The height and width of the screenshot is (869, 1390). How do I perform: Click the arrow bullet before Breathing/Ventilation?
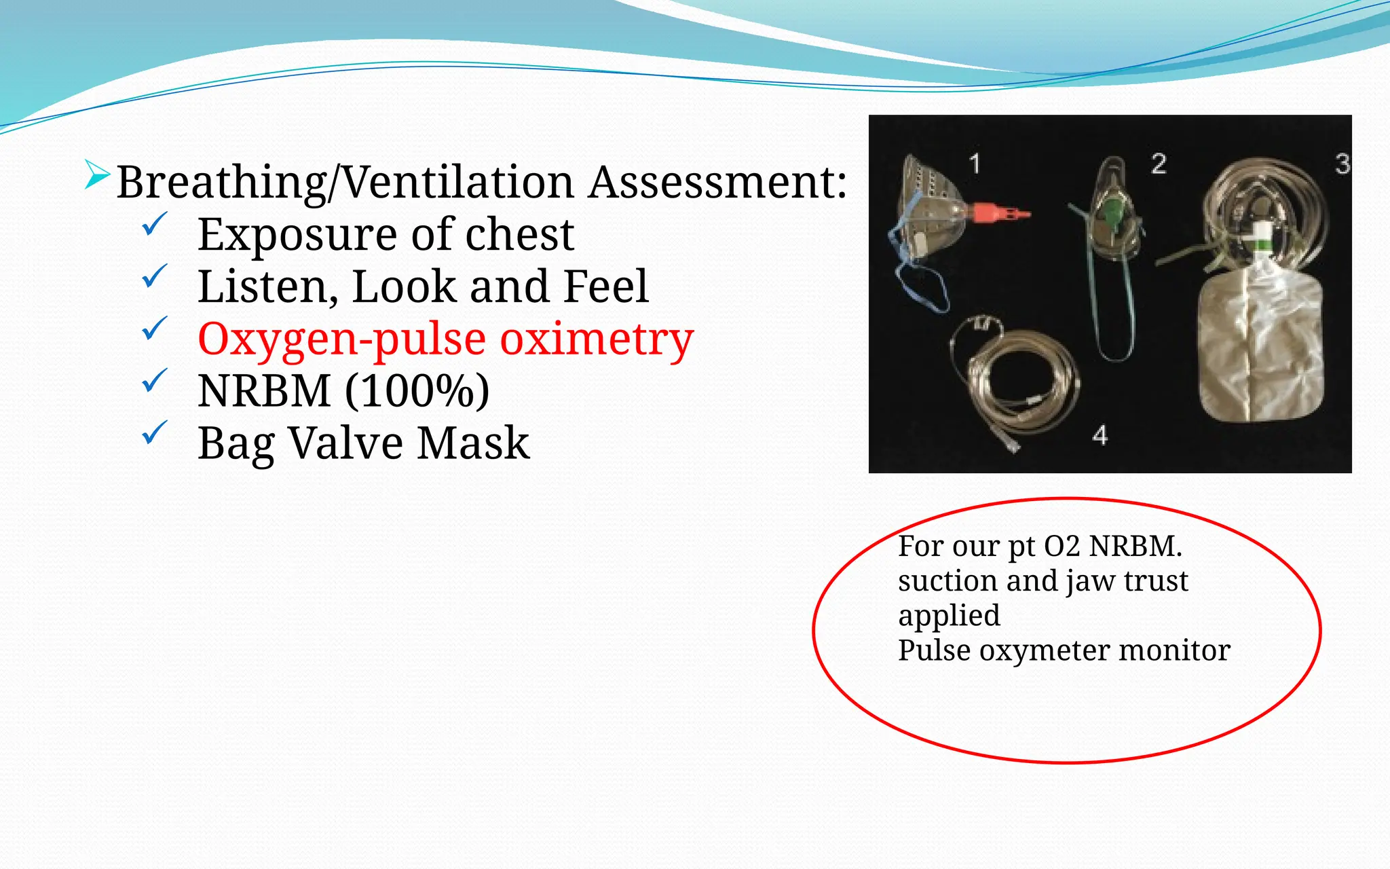pyautogui.click(x=97, y=176)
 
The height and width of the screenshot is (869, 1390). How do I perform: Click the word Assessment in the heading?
pyautogui.click(x=717, y=183)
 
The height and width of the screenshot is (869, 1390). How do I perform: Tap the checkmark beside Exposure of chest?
pyautogui.click(x=155, y=225)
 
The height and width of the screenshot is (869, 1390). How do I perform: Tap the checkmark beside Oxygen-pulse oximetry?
pyautogui.click(x=155, y=329)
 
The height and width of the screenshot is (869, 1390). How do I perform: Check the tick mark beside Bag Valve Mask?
pyautogui.click(x=155, y=433)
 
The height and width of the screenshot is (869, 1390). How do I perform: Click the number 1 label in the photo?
pyautogui.click(x=975, y=164)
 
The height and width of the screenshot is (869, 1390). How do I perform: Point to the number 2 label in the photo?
pyautogui.click(x=1159, y=164)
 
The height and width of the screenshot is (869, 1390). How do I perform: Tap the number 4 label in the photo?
pyautogui.click(x=1100, y=435)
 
